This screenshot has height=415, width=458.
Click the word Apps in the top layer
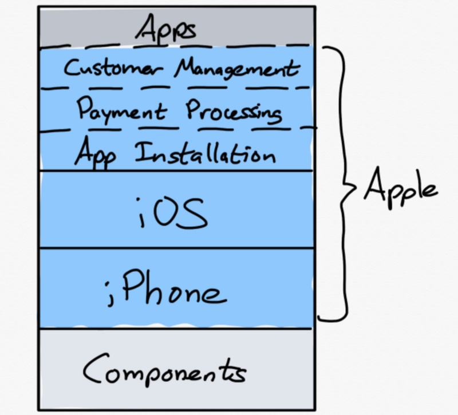[168, 28]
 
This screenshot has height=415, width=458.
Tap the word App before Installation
[96, 153]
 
